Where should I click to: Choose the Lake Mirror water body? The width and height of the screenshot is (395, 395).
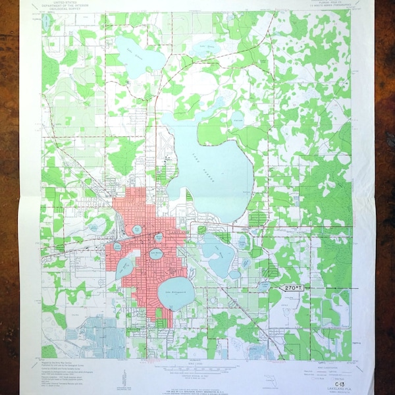tap(160, 238)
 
